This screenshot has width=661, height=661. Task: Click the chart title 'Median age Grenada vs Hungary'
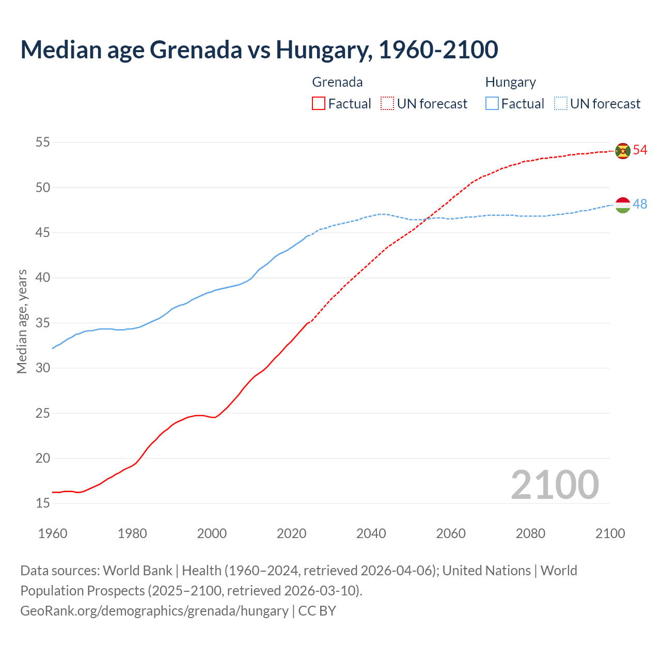[259, 50]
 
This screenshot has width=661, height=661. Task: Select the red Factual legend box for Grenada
[319, 104]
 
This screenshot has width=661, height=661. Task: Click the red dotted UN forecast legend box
[387, 104]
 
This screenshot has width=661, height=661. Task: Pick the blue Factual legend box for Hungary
[492, 104]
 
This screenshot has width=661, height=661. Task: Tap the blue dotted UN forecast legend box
[561, 104]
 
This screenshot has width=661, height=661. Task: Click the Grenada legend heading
[337, 82]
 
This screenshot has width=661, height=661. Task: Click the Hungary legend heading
[510, 82]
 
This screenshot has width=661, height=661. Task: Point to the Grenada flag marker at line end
[623, 151]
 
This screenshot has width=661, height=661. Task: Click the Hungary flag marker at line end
[623, 205]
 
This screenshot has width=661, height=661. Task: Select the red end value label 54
[640, 150]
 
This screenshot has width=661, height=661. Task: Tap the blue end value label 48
[640, 204]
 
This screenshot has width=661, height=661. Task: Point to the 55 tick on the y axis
[43, 143]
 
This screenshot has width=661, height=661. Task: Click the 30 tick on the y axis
[43, 368]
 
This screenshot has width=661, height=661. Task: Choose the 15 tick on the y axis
[43, 503]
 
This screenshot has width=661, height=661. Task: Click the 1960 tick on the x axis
[53, 533]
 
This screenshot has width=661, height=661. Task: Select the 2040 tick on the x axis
[371, 533]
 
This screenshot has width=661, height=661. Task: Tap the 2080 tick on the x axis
[530, 533]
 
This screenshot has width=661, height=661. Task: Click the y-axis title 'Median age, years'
[22, 321]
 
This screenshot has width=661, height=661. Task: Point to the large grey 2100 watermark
[555, 485]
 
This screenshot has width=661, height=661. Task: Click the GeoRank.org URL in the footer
[154, 611]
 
